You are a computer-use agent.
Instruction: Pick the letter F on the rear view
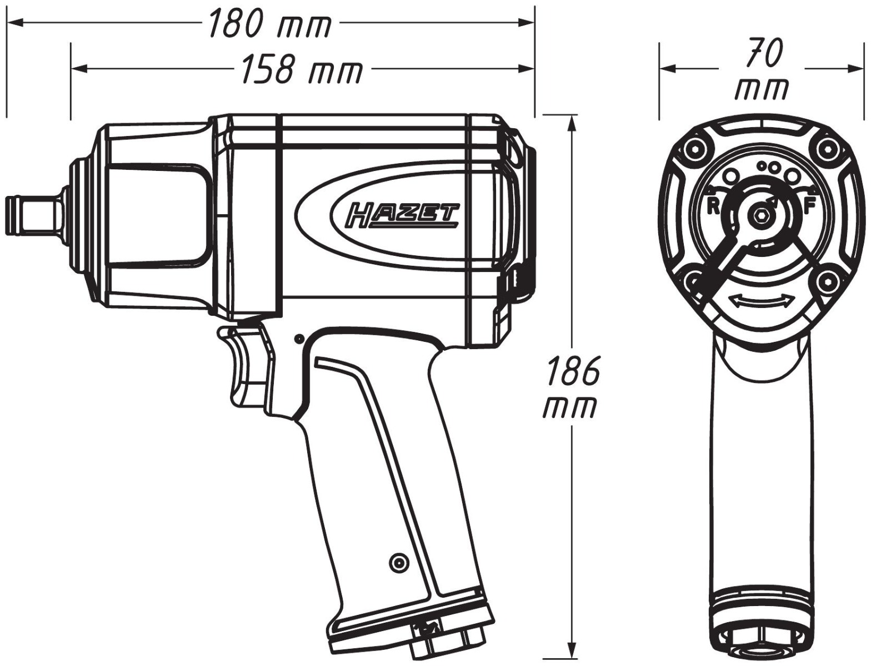click(x=809, y=206)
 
